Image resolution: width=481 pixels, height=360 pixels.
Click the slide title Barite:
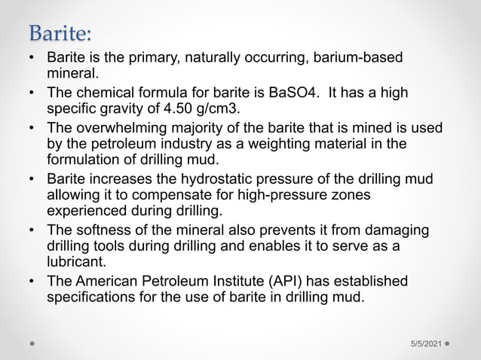pos(61,33)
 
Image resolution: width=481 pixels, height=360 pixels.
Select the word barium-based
pos(358,58)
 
